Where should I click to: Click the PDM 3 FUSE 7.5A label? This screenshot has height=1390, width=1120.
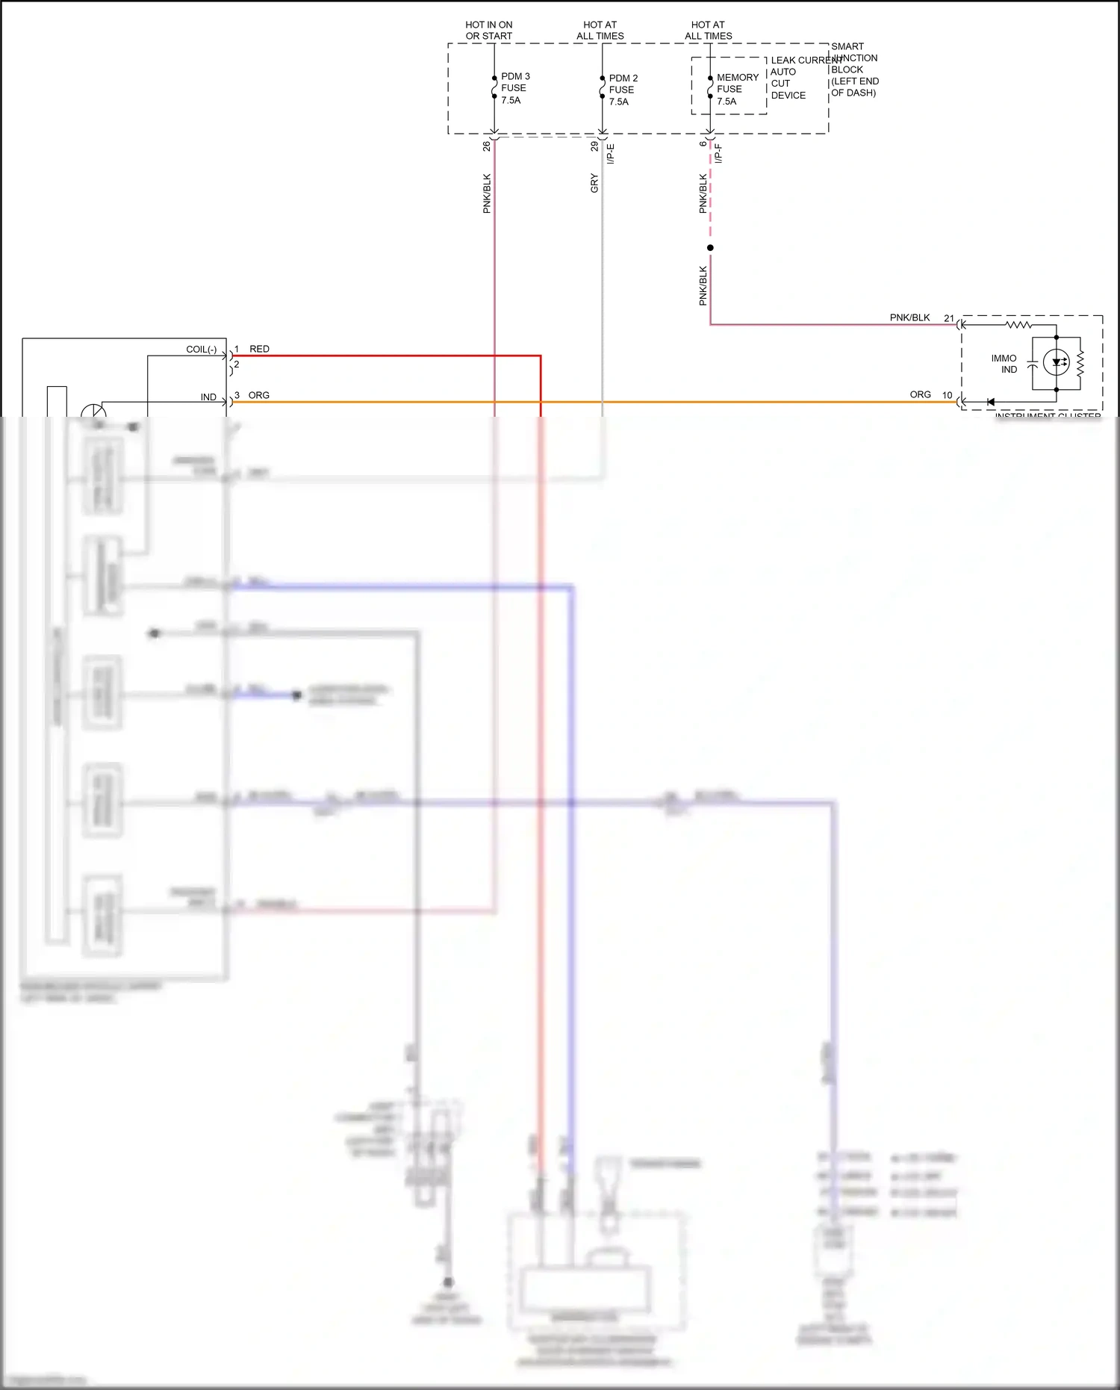514,88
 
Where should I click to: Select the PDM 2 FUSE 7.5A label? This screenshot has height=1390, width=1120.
623,90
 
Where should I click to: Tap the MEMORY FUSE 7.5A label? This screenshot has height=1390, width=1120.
736,89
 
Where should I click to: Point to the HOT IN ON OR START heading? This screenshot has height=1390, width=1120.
489,31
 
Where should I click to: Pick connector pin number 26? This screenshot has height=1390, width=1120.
487,146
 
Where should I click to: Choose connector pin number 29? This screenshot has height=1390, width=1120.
594,146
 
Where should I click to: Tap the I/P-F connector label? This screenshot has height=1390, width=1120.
718,154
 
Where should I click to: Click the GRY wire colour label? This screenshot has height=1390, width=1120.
594,183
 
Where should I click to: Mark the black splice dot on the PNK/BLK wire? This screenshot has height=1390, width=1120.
710,248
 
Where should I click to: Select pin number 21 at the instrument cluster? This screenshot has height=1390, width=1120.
948,318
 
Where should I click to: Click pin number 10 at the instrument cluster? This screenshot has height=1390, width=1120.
947,395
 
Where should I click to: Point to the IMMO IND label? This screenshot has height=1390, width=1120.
1004,364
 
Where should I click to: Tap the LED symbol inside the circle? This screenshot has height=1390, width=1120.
1056,363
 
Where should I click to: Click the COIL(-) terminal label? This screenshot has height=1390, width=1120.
201,350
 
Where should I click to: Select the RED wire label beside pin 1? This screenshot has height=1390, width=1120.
259,349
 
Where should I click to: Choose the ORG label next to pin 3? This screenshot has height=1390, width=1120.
258,395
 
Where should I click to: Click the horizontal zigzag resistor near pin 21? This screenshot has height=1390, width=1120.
1018,325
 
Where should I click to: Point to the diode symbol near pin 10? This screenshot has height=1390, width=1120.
990,403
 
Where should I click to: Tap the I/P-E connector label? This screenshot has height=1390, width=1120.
610,154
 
